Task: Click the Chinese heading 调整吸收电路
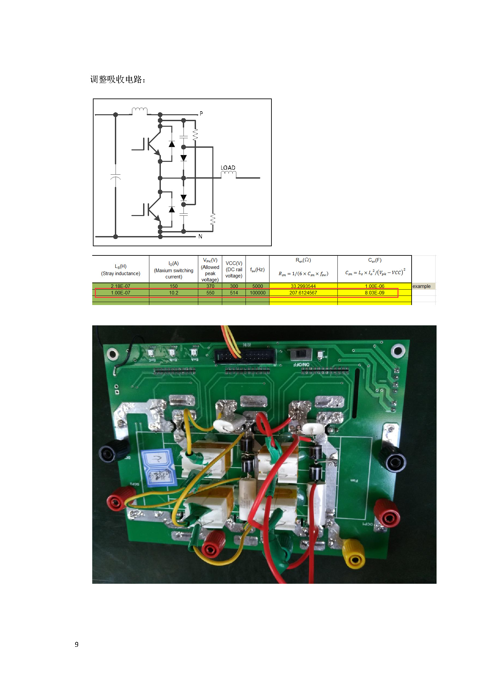[x=117, y=79]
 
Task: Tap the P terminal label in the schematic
[x=201, y=113]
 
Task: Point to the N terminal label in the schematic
[x=200, y=236]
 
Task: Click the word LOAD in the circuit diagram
[x=228, y=168]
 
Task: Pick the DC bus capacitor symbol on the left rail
[x=116, y=177]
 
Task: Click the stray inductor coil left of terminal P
[x=140, y=111]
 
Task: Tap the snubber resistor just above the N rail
[x=213, y=219]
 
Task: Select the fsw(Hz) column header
[x=257, y=270]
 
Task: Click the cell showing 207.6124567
[x=303, y=293]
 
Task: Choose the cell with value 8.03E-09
[x=375, y=293]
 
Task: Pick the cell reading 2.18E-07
[x=120, y=286]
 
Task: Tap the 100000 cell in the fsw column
[x=257, y=293]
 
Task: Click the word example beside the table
[x=421, y=286]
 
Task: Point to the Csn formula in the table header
[x=375, y=273]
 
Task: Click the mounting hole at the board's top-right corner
[x=398, y=351]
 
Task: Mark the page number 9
[x=76, y=644]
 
